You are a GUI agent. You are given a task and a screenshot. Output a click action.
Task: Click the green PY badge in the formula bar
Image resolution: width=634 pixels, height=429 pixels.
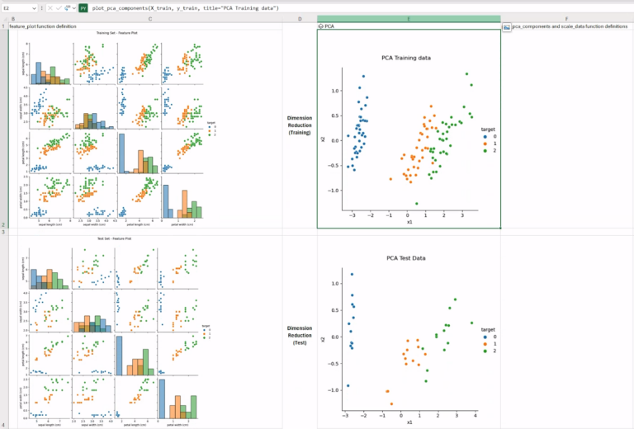pyautogui.click(x=83, y=7)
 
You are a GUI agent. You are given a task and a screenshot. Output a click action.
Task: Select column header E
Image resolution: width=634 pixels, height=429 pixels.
pyautogui.click(x=409, y=18)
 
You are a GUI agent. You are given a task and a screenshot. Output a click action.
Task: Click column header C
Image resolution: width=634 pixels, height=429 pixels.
pyautogui.click(x=149, y=18)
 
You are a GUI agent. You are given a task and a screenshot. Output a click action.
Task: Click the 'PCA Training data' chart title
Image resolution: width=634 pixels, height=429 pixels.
pyautogui.click(x=406, y=58)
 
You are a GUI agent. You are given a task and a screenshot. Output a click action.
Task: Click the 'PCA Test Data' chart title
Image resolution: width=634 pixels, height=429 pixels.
pyautogui.click(x=406, y=258)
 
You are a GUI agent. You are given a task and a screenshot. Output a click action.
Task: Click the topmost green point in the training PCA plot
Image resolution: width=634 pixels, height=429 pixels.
pyautogui.click(x=466, y=74)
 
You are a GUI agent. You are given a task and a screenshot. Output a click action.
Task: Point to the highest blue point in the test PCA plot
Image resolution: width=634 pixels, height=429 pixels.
pyautogui.click(x=352, y=275)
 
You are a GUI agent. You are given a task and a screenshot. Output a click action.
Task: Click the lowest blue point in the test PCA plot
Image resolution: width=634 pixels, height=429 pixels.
pyautogui.click(x=348, y=385)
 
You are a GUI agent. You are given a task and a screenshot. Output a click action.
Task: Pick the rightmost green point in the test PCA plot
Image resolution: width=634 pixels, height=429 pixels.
pyautogui.click(x=472, y=323)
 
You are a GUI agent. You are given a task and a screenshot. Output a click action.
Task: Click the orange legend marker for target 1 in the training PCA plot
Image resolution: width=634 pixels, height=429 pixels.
pyautogui.click(x=485, y=143)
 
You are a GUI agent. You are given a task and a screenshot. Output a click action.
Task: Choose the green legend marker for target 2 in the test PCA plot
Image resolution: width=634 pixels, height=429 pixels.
pyautogui.click(x=485, y=351)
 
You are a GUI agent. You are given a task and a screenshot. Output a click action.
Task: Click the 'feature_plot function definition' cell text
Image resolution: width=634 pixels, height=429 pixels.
pyautogui.click(x=42, y=26)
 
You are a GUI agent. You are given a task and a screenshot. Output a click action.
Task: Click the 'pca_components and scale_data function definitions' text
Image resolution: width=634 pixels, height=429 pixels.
pyautogui.click(x=569, y=26)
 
